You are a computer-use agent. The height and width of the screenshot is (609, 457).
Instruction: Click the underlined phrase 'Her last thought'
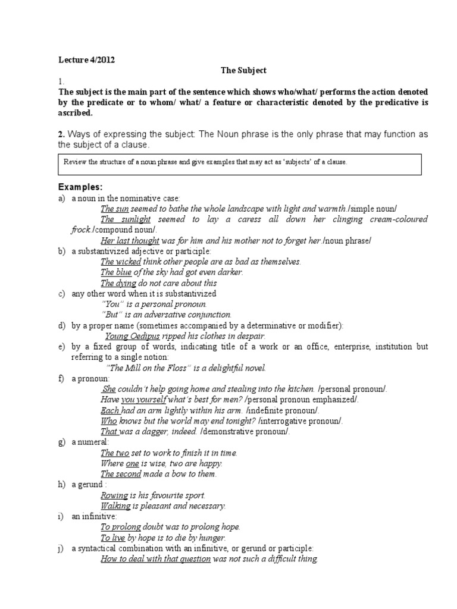(130, 240)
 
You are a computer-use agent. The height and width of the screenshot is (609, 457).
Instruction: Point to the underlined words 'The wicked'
(120, 262)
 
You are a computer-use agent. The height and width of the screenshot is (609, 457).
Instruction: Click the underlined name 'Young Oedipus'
(132, 335)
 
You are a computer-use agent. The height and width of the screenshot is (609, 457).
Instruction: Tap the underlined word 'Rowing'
(114, 495)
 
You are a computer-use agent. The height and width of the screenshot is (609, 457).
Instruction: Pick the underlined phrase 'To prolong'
(121, 527)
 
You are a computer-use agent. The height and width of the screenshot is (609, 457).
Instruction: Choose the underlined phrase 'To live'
(113, 538)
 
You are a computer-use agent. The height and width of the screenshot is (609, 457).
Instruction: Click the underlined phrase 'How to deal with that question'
(155, 559)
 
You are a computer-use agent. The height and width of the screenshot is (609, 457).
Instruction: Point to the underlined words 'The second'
(120, 474)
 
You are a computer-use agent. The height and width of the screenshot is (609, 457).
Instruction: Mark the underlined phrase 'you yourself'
(143, 400)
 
